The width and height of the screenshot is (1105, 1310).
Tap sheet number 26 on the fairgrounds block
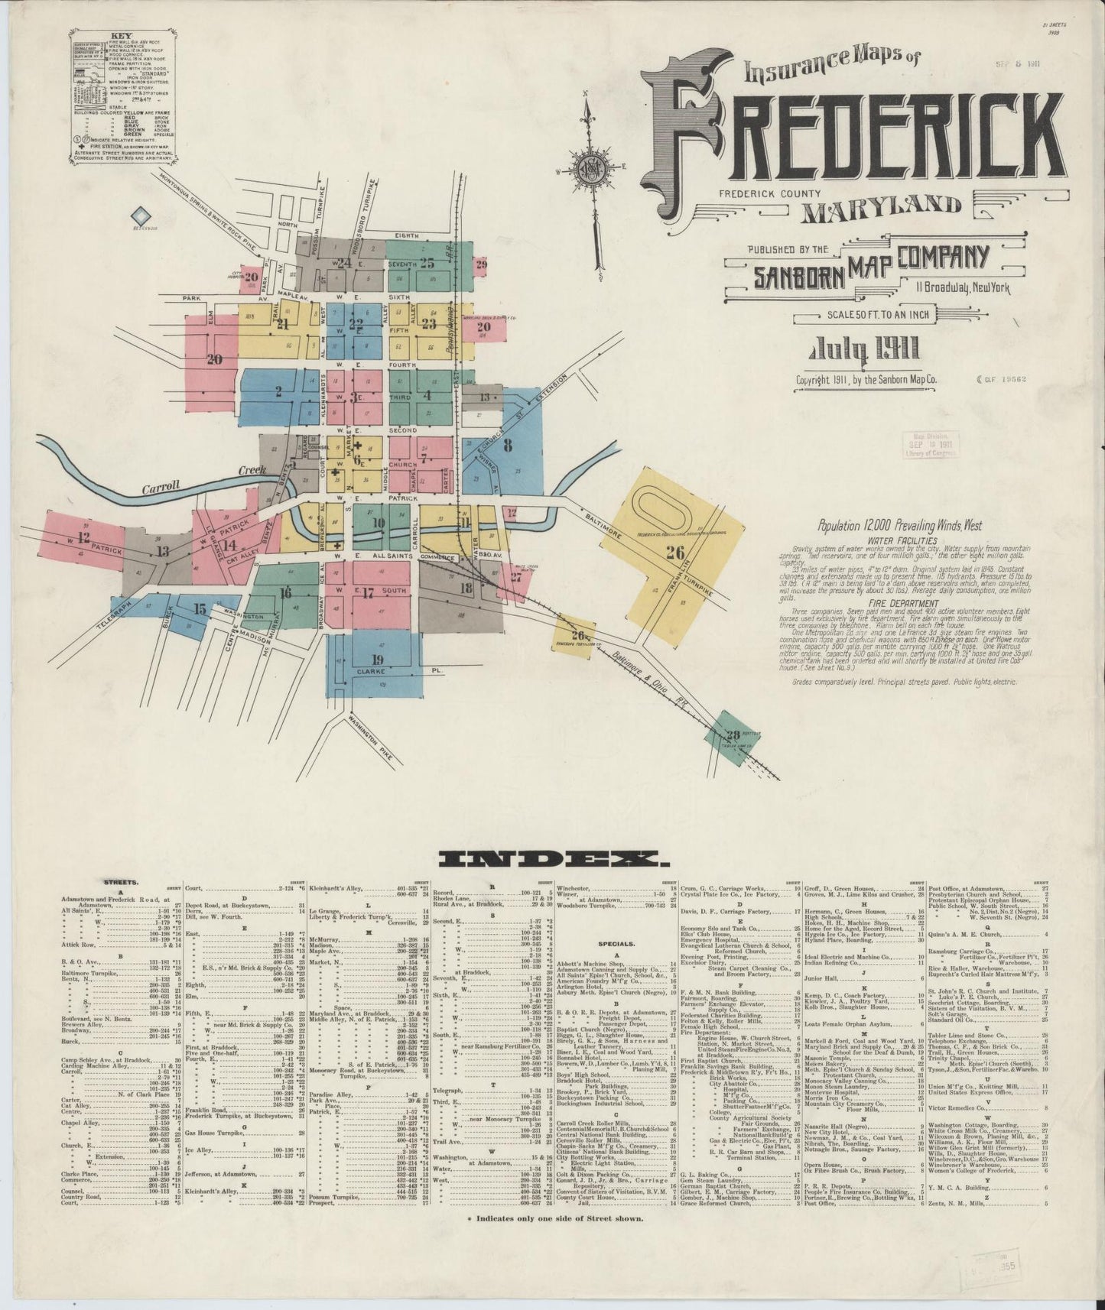click(x=674, y=553)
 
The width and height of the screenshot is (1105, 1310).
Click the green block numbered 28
click(x=733, y=734)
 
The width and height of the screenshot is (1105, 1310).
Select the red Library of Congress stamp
click(x=928, y=446)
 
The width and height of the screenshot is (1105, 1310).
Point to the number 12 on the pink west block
click(x=83, y=537)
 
